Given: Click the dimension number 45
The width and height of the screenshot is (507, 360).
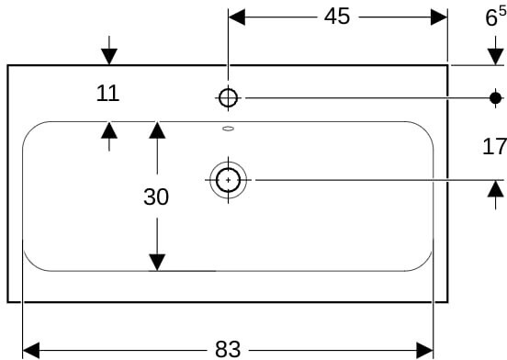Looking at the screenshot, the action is click(x=336, y=17).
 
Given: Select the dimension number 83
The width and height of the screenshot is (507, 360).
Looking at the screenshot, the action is click(x=228, y=349).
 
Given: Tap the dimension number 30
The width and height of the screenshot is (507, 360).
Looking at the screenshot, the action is click(x=156, y=197).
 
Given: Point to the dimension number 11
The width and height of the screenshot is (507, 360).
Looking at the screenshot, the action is click(x=108, y=94).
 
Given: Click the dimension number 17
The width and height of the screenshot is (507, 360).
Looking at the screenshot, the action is click(x=494, y=146).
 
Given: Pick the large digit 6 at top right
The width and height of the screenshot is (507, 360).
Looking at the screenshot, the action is click(x=491, y=17).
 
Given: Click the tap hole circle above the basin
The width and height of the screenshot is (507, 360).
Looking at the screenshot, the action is click(x=229, y=98).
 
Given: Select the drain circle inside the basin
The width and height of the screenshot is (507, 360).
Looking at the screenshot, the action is click(x=229, y=180).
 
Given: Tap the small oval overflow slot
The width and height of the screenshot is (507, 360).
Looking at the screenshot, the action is click(x=229, y=129).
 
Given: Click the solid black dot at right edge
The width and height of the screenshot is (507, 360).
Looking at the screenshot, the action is click(x=495, y=98).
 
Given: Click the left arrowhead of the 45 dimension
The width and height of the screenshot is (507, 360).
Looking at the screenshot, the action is click(x=237, y=17).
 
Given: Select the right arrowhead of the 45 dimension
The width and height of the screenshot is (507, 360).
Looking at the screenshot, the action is click(x=439, y=17).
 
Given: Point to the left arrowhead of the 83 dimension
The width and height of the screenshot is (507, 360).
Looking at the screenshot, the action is click(x=31, y=350).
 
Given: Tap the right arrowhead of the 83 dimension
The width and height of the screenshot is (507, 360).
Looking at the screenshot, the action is click(x=424, y=350).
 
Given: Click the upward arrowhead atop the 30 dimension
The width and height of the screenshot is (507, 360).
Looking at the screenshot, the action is click(x=157, y=129).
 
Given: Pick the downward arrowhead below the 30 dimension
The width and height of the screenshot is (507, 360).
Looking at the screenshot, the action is click(x=157, y=263).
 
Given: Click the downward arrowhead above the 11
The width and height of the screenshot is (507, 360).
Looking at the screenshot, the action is click(x=109, y=57).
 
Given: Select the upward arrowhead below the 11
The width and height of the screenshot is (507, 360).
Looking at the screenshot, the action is click(x=109, y=129).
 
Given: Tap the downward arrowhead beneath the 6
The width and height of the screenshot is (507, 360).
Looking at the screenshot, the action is click(x=496, y=57).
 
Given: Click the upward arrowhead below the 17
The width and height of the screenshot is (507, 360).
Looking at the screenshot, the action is click(x=496, y=188).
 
